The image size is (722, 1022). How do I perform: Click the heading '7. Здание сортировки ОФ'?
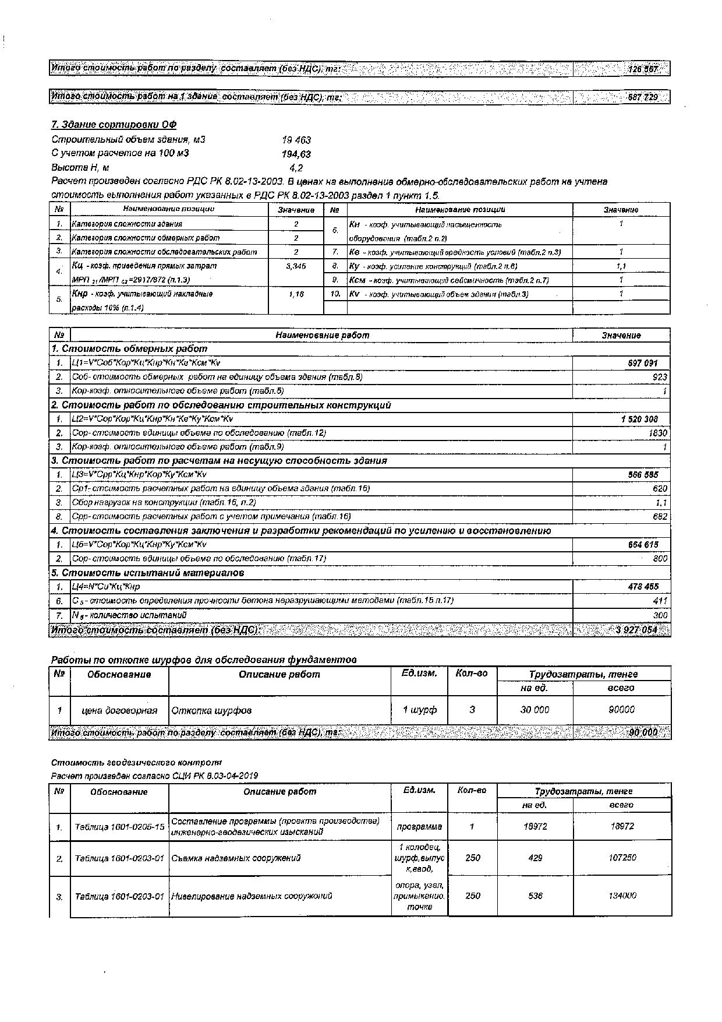click(x=114, y=125)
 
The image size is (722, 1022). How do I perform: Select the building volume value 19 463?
click(x=296, y=140)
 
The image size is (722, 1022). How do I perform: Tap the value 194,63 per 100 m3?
click(x=296, y=154)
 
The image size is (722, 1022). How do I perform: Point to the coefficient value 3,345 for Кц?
click(x=296, y=266)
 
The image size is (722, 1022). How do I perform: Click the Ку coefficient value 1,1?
click(x=621, y=266)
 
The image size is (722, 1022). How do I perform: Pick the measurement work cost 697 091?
click(x=642, y=363)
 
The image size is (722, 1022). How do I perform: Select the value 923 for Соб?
click(x=660, y=377)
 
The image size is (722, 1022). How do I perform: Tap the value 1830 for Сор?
click(x=657, y=433)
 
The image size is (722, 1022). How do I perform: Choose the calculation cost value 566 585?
click(x=642, y=475)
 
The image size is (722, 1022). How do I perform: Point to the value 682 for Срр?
click(x=660, y=516)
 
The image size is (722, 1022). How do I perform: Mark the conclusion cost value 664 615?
click(x=642, y=545)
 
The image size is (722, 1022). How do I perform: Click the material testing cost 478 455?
click(x=642, y=587)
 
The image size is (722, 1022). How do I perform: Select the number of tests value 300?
click(x=660, y=615)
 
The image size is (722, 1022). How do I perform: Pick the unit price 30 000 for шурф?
click(x=535, y=710)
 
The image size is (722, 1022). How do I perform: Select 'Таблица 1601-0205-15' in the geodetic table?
click(x=119, y=827)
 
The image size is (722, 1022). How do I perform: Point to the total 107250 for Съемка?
click(x=622, y=858)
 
